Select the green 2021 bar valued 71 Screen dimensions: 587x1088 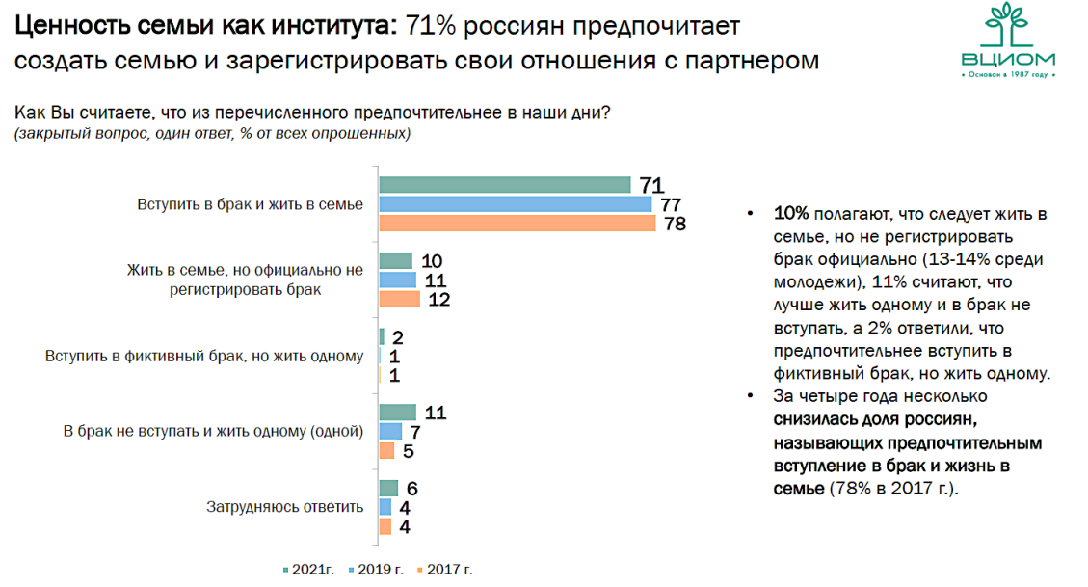[504, 185]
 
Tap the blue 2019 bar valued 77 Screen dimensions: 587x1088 [515, 204]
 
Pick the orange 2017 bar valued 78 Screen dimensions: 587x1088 [517, 223]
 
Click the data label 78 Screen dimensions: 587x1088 [674, 224]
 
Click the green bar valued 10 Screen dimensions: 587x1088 [395, 261]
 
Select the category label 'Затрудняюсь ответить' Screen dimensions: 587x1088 [285, 507]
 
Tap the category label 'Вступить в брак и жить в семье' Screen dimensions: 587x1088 [250, 203]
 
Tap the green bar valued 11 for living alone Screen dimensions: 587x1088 [397, 414]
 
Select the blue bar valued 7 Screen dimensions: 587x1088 [390, 432]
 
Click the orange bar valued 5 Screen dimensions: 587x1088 [386, 450]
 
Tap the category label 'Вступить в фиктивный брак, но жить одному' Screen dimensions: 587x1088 [204, 356]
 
